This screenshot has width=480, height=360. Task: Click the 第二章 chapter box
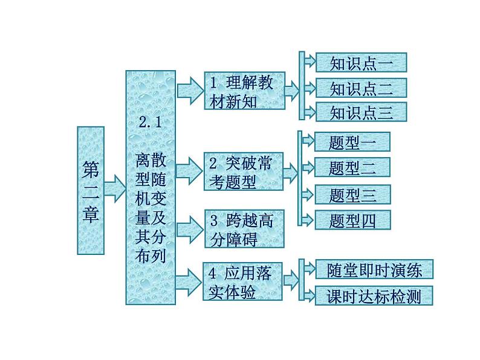coord(91,190)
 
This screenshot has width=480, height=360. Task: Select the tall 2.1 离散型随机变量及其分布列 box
coord(151,188)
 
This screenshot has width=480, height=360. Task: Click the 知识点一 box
coord(361,63)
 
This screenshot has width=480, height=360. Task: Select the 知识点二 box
coord(361,88)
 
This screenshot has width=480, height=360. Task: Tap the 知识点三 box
coord(361,112)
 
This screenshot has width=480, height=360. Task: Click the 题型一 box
coord(352,142)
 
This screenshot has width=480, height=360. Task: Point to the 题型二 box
coord(352,167)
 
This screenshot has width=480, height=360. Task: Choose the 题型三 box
coord(352,194)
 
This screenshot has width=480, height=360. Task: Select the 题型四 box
coord(352,220)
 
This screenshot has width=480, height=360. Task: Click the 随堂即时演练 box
coord(374,269)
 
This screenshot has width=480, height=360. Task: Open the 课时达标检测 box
coord(374,295)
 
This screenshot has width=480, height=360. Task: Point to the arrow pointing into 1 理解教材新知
coord(190,90)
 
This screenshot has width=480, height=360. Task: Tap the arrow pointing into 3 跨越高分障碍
coord(190,228)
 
